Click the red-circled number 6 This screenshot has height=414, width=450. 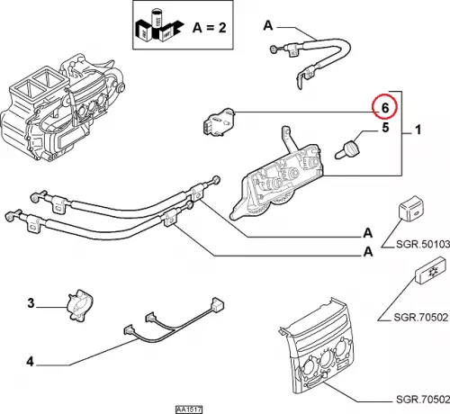385,108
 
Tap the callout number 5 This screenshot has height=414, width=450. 385,128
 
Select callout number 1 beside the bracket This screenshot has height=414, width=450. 418,130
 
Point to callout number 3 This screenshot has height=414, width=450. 31,303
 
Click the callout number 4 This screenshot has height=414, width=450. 30,362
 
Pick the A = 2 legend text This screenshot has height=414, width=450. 210,28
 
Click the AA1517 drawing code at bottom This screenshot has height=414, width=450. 189,409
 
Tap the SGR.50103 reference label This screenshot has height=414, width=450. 423,244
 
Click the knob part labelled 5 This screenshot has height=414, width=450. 348,149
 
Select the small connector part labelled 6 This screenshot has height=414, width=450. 219,121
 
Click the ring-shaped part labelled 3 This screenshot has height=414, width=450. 80,305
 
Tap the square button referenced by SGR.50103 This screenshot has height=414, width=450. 410,209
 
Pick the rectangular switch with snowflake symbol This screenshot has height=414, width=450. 430,270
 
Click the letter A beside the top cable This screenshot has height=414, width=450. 268,25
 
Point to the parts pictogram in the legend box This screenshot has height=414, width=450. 159,25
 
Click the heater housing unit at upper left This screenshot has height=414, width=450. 60,111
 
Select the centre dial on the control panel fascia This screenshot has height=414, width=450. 328,361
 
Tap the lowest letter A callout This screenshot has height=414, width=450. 368,251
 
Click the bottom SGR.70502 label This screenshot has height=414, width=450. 423,400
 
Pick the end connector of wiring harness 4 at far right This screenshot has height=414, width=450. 218,304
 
